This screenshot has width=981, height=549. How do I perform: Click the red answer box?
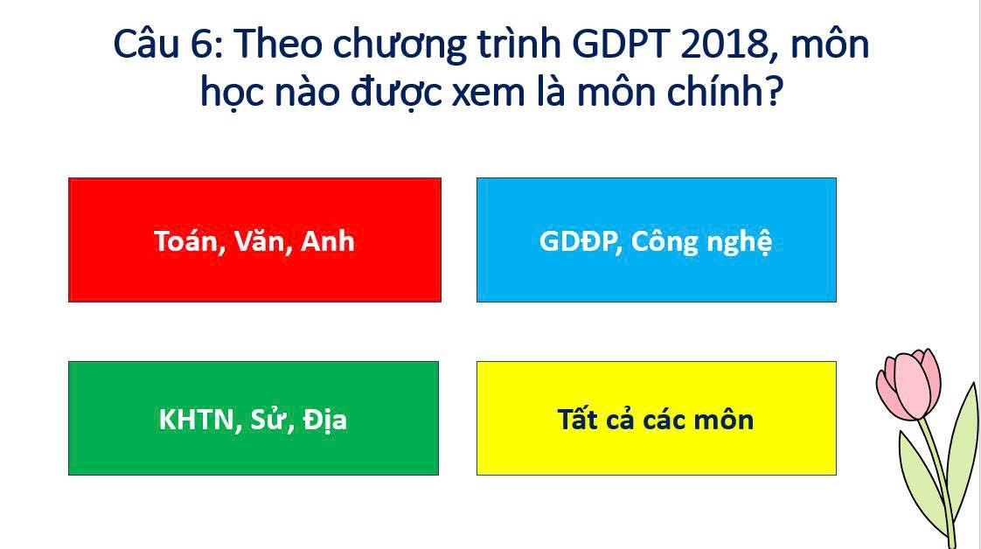254,240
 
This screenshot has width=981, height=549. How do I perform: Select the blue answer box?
657,240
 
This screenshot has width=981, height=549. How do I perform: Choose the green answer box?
254,419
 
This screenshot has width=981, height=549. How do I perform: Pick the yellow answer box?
657,419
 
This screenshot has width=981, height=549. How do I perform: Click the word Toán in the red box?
186,241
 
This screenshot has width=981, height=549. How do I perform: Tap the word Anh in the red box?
327,241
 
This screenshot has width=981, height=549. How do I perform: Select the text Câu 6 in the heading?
168,45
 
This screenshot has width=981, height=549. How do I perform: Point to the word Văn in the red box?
260,241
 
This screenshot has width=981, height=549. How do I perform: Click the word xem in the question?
489,94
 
